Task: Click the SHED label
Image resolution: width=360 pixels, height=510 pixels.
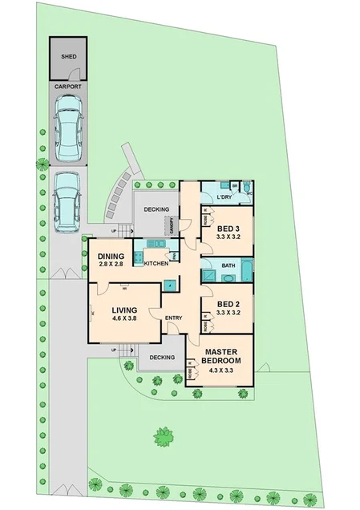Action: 68,57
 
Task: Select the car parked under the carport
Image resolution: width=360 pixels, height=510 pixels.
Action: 68,126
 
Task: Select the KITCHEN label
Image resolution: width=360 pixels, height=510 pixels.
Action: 156,263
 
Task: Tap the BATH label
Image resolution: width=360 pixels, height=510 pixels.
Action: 229,265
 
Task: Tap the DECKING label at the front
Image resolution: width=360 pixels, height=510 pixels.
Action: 163,357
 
